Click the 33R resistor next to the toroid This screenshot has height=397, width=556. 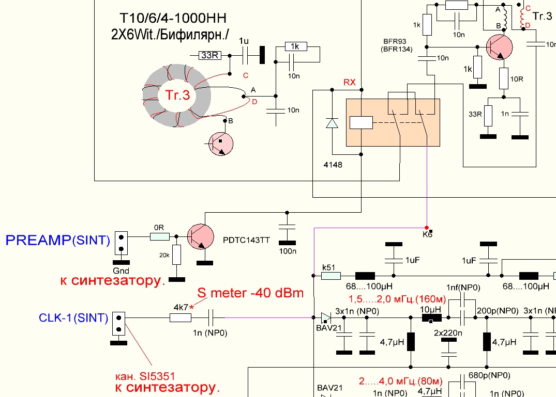point(209,55)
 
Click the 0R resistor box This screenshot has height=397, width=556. point(159,236)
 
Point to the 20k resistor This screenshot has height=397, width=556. point(177,255)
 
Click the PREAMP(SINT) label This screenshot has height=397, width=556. point(57,240)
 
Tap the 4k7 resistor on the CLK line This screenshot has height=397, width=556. point(181,318)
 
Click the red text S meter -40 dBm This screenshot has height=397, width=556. point(249,293)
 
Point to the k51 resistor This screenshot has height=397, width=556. point(331,276)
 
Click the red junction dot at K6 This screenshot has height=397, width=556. point(426,228)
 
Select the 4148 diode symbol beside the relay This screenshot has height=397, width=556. point(332,123)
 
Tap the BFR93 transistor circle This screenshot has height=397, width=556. point(499,48)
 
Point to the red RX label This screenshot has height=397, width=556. point(349,83)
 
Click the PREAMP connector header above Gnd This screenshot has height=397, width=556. point(121,243)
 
